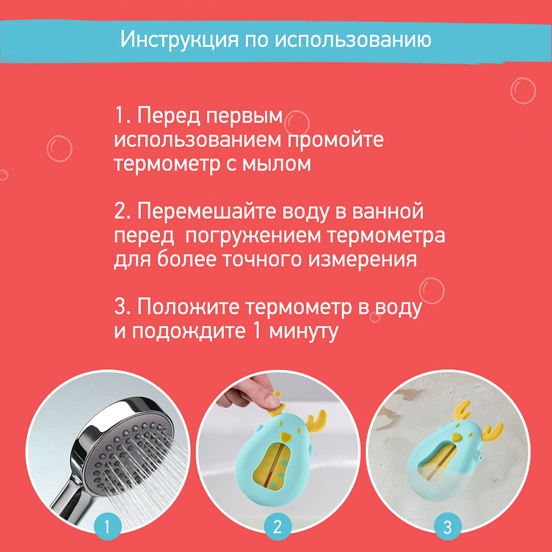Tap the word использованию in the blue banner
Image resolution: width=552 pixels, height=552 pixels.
(x=353, y=39)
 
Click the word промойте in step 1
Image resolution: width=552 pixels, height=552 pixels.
(x=336, y=140)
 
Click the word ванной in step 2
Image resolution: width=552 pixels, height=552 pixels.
(x=388, y=212)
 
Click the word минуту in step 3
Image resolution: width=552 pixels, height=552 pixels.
(x=304, y=331)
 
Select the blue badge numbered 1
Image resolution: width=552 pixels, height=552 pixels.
(x=108, y=527)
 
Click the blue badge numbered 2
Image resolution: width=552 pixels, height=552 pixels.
(x=278, y=527)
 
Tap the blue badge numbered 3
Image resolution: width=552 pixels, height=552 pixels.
(x=448, y=527)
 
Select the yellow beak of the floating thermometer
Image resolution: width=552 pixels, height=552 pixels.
(x=457, y=437)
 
